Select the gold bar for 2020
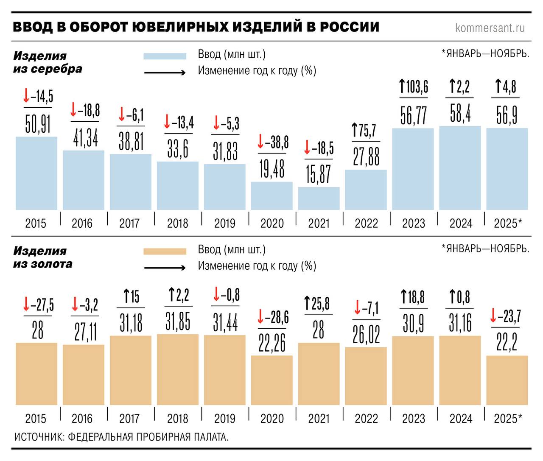272,380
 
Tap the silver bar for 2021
319,198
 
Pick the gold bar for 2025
507,380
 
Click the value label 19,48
272,169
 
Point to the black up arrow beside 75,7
355,131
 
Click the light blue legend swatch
165,56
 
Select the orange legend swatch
165,251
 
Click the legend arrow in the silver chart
165,73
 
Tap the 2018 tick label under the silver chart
177,223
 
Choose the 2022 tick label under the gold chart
366,419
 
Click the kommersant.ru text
490,28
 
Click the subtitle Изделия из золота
42,257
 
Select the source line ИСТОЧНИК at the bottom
121,437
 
